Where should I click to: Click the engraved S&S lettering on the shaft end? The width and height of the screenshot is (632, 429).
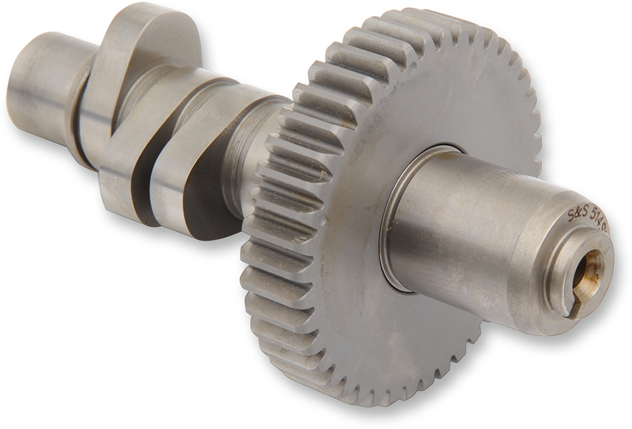[x=580, y=213]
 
